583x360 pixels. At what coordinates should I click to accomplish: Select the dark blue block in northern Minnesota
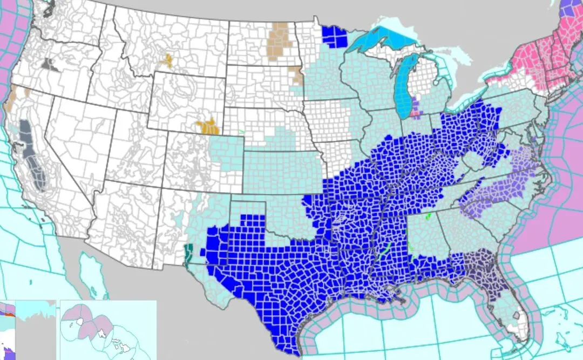tap(334, 36)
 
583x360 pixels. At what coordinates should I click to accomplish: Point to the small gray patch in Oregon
tap(51, 65)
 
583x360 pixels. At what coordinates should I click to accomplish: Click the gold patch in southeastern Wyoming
tap(208, 127)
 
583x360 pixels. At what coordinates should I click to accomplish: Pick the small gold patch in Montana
tap(167, 60)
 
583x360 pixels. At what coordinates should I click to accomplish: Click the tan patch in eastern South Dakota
tap(296, 76)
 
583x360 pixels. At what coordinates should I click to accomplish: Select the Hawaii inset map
tap(108, 329)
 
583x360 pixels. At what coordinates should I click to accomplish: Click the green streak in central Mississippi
tap(384, 252)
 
